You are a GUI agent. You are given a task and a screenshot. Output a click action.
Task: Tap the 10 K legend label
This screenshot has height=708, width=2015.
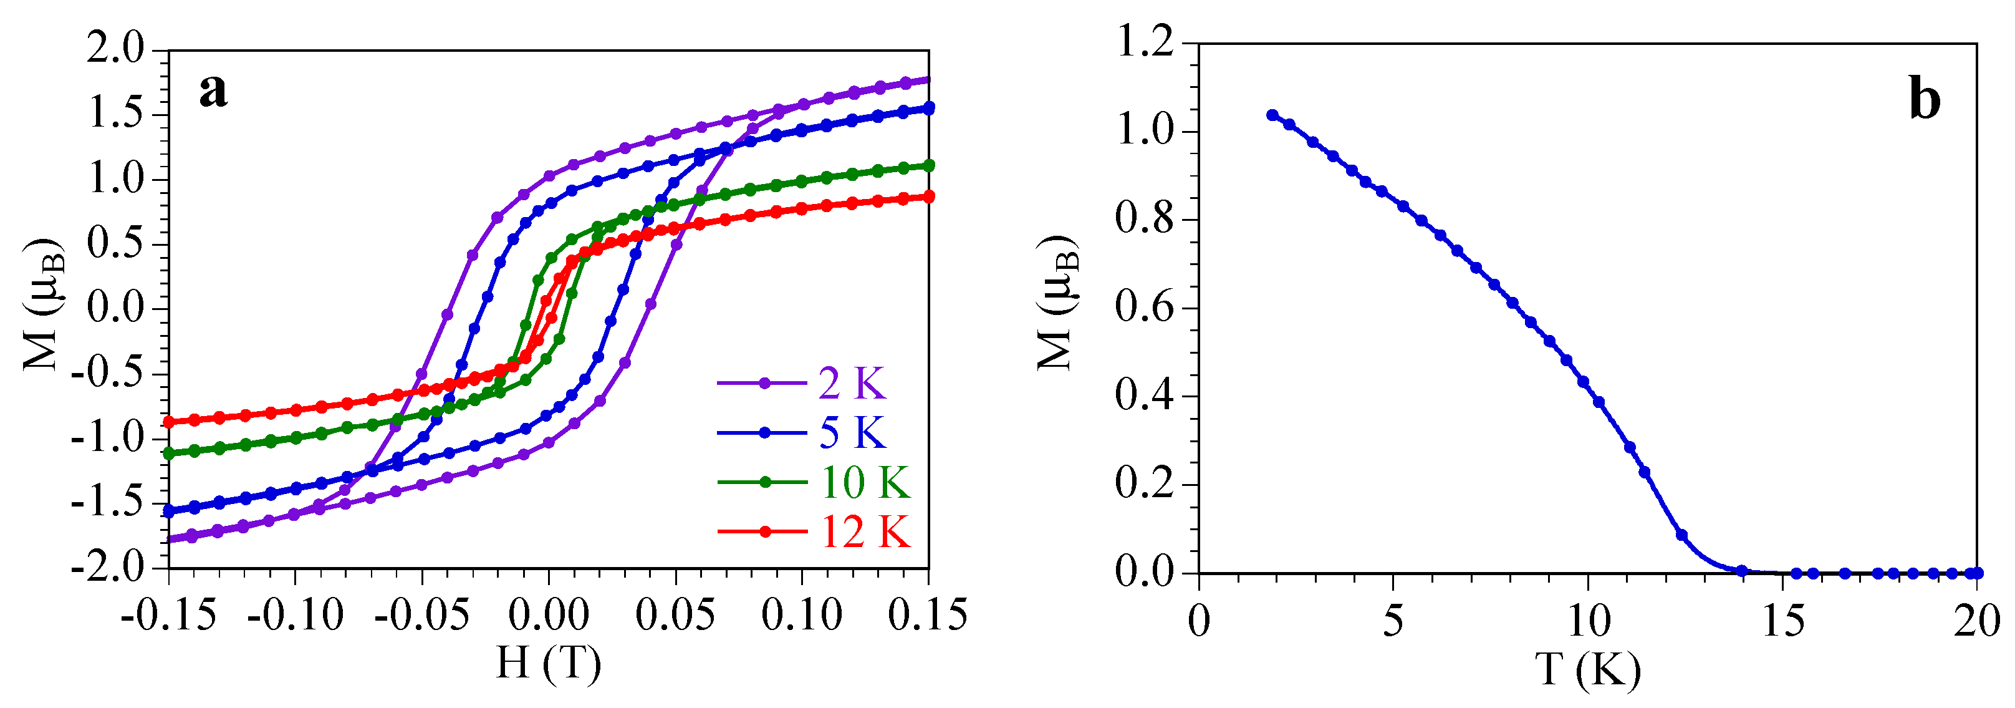[864, 482]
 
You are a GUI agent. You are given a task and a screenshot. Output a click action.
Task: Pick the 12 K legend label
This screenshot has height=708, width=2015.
[864, 532]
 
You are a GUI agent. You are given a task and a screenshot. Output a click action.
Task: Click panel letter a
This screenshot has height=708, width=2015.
[213, 90]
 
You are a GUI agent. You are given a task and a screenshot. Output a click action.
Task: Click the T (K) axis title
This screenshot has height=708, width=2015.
[1587, 669]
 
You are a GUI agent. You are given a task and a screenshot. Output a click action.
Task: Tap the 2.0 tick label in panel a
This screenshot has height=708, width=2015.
[116, 49]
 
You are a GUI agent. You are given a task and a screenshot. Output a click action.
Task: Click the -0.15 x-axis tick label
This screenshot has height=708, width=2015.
[168, 615]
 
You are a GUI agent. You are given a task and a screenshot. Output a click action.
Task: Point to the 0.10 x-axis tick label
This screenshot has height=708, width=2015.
[802, 615]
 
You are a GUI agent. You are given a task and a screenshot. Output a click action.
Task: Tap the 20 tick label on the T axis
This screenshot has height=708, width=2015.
[1977, 621]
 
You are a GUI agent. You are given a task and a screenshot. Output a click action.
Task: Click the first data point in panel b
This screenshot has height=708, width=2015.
[1272, 115]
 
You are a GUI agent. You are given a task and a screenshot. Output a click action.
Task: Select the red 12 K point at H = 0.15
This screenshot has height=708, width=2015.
[928, 196]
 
